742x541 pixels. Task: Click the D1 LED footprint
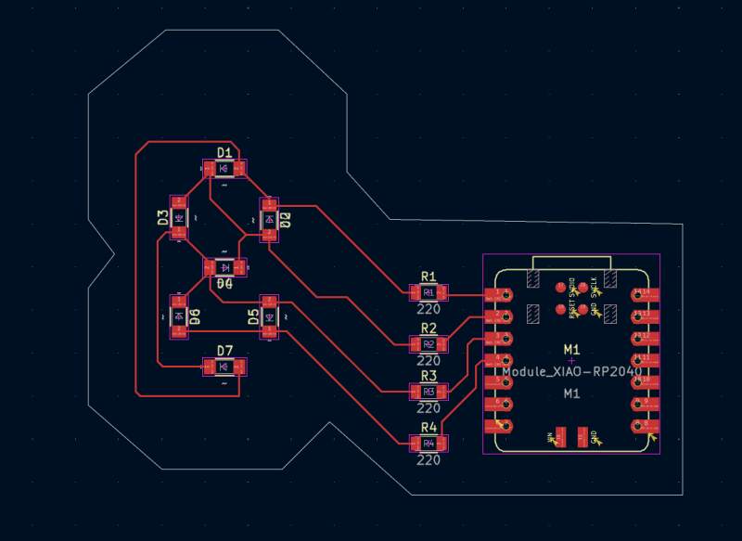pyautogui.click(x=224, y=168)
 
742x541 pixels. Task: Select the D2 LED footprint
pyautogui.click(x=269, y=220)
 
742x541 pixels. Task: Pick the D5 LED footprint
pyautogui.click(x=269, y=317)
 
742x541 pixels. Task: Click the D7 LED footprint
pyautogui.click(x=224, y=367)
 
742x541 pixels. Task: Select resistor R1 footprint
pyautogui.click(x=429, y=293)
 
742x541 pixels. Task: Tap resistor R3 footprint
pyautogui.click(x=429, y=392)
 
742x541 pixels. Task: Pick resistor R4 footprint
pyautogui.click(x=429, y=444)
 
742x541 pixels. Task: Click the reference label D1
pyautogui.click(x=224, y=152)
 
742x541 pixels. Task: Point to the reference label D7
pyautogui.click(x=224, y=350)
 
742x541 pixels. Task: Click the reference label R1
pyautogui.click(x=429, y=277)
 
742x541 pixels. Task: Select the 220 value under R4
pyautogui.click(x=429, y=459)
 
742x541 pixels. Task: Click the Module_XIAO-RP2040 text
pyautogui.click(x=571, y=371)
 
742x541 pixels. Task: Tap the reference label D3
pyautogui.click(x=162, y=218)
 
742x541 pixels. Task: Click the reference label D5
pyautogui.click(x=253, y=317)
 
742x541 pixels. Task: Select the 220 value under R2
pyautogui.click(x=429, y=360)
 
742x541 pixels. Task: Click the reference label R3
pyautogui.click(x=429, y=376)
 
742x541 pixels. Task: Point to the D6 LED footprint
pyautogui.click(x=178, y=316)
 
